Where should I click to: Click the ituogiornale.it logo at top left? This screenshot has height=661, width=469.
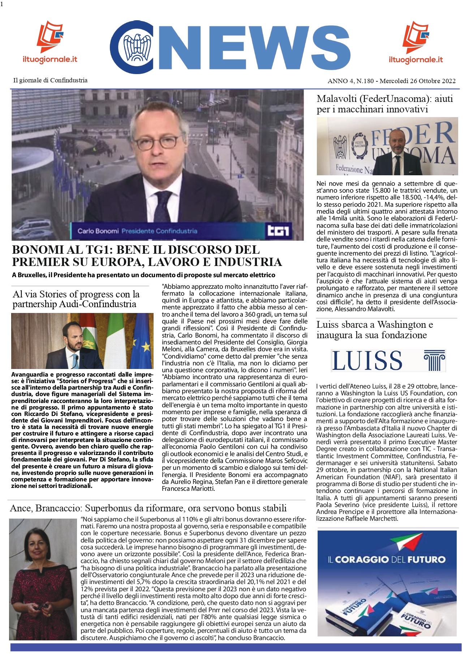(50, 42)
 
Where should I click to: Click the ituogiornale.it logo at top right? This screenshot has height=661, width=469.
(416, 42)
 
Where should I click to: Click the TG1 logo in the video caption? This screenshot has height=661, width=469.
(278, 231)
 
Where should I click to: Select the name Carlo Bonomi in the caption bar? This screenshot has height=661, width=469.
(98, 231)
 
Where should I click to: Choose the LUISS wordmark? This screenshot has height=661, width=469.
(367, 360)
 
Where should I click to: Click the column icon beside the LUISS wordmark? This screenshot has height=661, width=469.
(435, 361)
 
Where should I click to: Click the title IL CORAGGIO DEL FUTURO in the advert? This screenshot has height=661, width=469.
(387, 560)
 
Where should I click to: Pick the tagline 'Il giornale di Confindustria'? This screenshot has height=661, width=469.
(50, 80)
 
